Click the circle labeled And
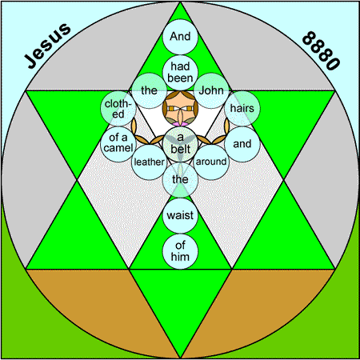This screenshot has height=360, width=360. tap(180, 37)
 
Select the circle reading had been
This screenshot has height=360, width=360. tap(180, 73)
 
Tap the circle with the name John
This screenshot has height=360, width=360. tap(211, 90)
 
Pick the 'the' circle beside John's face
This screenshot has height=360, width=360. tap(150, 90)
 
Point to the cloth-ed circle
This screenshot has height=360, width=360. tap(118, 109)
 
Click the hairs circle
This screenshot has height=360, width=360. tap(242, 109)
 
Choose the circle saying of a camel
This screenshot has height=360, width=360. tap(118, 144)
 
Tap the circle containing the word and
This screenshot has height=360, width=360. tap(242, 144)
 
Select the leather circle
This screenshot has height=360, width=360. tap(150, 162)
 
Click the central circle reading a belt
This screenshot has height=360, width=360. tap(180, 144)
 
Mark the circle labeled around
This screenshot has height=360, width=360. tap(211, 162)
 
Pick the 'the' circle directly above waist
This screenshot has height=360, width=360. tap(180, 180)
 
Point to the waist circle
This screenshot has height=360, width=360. tap(180, 215)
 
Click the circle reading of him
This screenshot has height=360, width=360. tap(180, 251)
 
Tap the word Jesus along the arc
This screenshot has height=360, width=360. tap(48, 46)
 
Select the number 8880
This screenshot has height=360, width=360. tap(321, 50)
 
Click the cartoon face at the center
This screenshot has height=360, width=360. tap(180, 109)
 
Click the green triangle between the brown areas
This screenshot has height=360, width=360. tap(180, 298)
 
